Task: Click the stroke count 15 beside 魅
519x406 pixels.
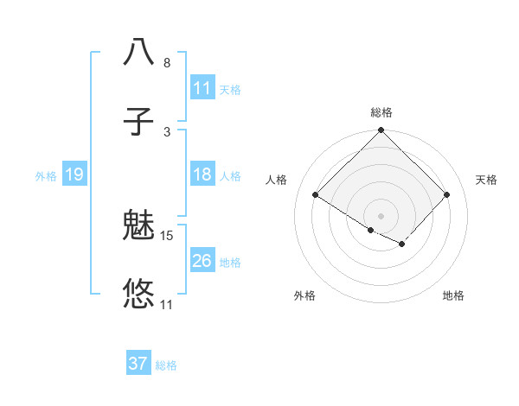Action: pos(167,235)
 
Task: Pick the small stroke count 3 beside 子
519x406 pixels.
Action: pos(167,131)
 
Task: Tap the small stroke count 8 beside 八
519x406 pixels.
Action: pos(167,63)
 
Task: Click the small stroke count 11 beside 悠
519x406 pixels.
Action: pos(167,304)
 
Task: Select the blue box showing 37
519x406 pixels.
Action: pos(138,364)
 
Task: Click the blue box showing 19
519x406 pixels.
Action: pos(74,175)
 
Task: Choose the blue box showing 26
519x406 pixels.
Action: pos(202,261)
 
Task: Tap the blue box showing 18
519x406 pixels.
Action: pos(202,175)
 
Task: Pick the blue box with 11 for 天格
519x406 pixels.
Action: pos(202,88)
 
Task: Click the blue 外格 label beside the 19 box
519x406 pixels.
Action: pos(46,176)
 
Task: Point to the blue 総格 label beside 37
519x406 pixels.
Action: pos(166,365)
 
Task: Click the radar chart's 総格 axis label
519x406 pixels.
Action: pos(381,112)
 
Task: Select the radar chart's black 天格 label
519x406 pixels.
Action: pos(486,180)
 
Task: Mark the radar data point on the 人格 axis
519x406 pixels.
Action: pos(316,195)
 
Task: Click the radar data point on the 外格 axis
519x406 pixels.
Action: pos(371,230)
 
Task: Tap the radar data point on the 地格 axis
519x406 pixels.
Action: pos(402,244)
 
